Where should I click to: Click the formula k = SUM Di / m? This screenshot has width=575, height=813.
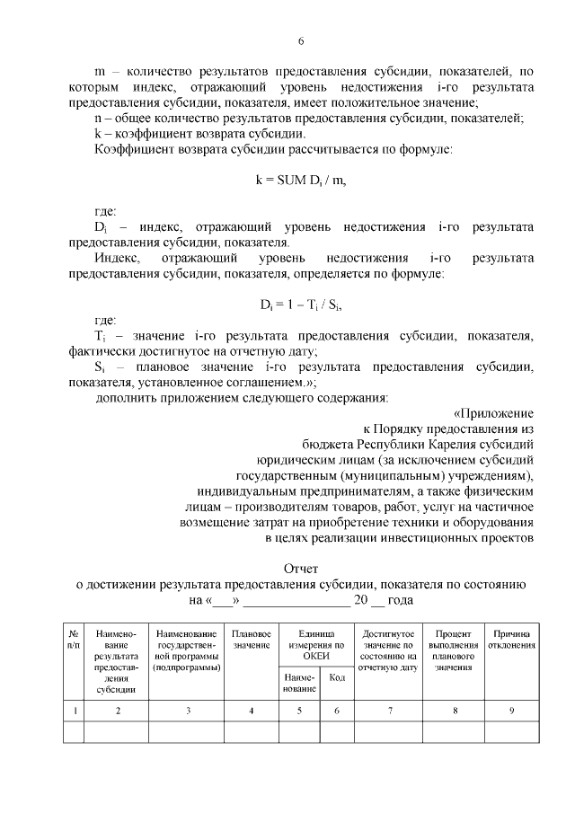(x=301, y=180)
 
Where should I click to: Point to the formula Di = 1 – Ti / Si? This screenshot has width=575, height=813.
(x=301, y=304)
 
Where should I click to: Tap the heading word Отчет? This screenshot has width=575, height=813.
(x=301, y=568)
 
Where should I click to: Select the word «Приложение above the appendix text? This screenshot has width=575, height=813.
(x=494, y=413)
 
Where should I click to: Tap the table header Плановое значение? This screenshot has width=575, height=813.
(x=252, y=640)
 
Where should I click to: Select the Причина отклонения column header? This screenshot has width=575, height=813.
(x=512, y=640)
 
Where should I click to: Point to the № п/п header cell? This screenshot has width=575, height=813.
(x=74, y=640)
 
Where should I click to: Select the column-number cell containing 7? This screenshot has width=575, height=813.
(x=389, y=711)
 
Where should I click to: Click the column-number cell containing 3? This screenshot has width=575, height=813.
(x=188, y=711)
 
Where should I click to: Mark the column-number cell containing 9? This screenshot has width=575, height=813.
(x=512, y=711)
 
